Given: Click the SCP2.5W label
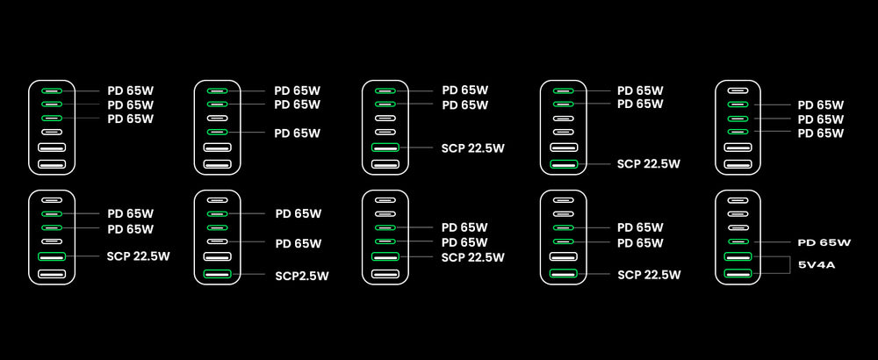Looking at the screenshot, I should pos(301,276).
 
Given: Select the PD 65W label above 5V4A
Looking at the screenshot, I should pos(824,242).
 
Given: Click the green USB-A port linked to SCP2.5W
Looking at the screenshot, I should pos(216,275).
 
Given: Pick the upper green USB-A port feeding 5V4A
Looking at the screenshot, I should pos(738,256).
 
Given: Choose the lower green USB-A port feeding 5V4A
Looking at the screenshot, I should pos(738,274).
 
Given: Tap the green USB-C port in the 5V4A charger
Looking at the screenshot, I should pos(738,241).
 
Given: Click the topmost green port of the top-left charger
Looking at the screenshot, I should pos(52,90).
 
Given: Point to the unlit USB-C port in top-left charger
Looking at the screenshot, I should pos(52,133).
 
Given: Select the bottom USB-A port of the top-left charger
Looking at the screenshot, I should pos(52,164).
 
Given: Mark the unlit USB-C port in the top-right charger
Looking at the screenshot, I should pos(738,90).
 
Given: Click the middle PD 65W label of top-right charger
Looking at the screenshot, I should pos(820,119).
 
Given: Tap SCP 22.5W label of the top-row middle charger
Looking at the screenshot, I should pos(472,148).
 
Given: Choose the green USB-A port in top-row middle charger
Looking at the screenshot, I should pos(385,148).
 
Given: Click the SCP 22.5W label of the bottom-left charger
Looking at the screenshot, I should pos(139,256).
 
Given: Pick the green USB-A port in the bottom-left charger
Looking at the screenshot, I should pos(52,256).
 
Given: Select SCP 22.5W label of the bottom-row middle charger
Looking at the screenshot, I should pos(472,257).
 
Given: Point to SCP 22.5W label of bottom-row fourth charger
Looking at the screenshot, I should pos(648,275).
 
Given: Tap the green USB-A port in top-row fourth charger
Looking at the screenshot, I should pos(564,164).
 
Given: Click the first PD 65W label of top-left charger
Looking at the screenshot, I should pos(130,90).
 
